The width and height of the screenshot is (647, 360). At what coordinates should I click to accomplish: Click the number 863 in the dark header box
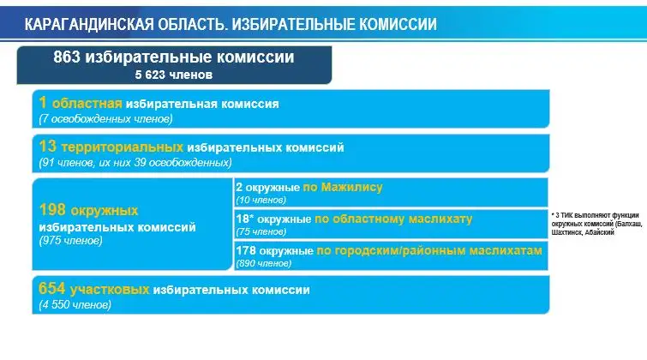(67, 57)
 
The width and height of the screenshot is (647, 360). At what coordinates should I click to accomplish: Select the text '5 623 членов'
(174, 75)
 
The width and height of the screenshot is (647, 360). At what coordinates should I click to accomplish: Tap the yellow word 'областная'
(87, 103)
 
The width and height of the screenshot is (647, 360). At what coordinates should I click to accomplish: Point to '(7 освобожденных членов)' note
(105, 119)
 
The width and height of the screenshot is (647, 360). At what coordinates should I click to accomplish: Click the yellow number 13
(47, 147)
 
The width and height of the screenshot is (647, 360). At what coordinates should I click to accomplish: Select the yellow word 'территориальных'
(123, 147)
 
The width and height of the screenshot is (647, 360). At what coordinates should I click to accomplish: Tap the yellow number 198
(52, 210)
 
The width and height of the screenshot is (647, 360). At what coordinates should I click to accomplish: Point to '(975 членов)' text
(70, 241)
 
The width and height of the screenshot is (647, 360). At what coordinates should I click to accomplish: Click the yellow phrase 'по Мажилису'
(343, 188)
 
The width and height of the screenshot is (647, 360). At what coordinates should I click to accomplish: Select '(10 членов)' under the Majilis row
(261, 200)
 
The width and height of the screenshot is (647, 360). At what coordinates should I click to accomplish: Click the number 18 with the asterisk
(245, 219)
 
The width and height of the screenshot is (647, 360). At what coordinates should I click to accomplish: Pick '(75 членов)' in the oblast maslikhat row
(261, 231)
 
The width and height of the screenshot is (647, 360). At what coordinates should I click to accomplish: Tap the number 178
(246, 250)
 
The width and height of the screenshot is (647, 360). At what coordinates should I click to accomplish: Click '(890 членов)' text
(264, 263)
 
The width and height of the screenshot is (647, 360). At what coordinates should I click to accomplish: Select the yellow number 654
(52, 289)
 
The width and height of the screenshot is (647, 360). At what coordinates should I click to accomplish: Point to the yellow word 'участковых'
(110, 290)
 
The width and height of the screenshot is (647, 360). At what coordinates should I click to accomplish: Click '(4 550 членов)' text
(75, 305)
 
